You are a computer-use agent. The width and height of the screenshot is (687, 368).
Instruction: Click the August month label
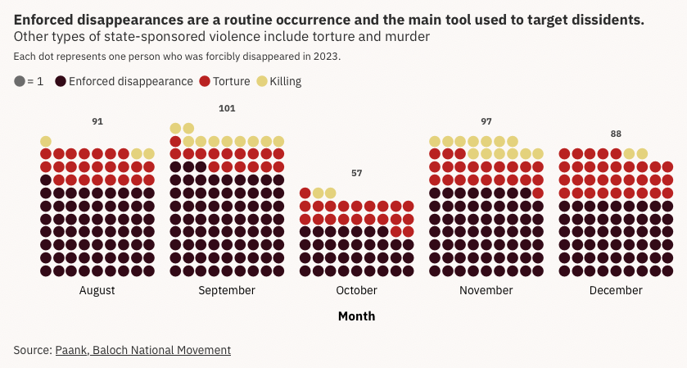coord(97,290)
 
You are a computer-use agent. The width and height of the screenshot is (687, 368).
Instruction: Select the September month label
coord(227,290)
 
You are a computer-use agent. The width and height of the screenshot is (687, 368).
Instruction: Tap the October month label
coord(356,290)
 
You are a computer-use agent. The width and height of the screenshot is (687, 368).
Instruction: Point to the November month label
coord(486,290)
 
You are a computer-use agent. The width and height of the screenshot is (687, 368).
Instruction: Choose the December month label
coord(616,290)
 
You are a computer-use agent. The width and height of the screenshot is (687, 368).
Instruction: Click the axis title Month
coord(356,316)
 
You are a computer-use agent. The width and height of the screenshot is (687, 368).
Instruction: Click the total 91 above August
coord(97,121)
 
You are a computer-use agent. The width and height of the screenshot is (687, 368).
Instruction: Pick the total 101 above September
coord(227,108)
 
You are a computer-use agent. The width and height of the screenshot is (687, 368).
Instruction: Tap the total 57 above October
coord(356,173)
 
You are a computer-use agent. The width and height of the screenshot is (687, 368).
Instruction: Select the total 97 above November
coord(486,121)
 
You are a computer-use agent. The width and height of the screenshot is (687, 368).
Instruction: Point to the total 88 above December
coord(616,134)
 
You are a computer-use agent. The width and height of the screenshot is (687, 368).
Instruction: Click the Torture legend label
coord(231,81)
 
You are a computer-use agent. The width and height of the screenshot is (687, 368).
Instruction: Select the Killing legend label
coord(285,81)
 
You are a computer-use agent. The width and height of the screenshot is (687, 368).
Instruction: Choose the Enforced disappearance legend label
coord(130,81)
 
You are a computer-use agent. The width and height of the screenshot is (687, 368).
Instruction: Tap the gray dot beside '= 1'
coord(20,81)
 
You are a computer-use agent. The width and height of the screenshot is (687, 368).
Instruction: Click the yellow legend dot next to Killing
coord(262,81)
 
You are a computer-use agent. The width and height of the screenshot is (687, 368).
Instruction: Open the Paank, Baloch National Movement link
coord(143,350)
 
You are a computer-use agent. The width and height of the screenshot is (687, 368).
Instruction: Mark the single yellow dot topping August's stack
coord(46,141)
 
